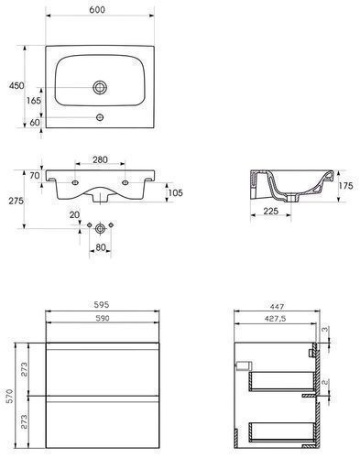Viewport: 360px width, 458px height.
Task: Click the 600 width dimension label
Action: point(97,10)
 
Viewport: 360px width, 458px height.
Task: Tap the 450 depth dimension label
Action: point(16,85)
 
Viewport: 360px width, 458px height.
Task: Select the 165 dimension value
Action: point(33,100)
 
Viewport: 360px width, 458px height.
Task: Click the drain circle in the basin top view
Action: point(100,88)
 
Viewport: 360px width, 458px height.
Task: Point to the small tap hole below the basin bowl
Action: point(100,117)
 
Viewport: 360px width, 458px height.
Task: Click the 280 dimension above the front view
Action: point(100,159)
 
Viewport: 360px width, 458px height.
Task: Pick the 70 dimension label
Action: point(35,176)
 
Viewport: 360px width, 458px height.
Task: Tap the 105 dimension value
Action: point(175,192)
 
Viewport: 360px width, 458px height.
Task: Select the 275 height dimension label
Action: point(16,201)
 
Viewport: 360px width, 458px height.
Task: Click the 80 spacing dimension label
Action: point(101,247)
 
